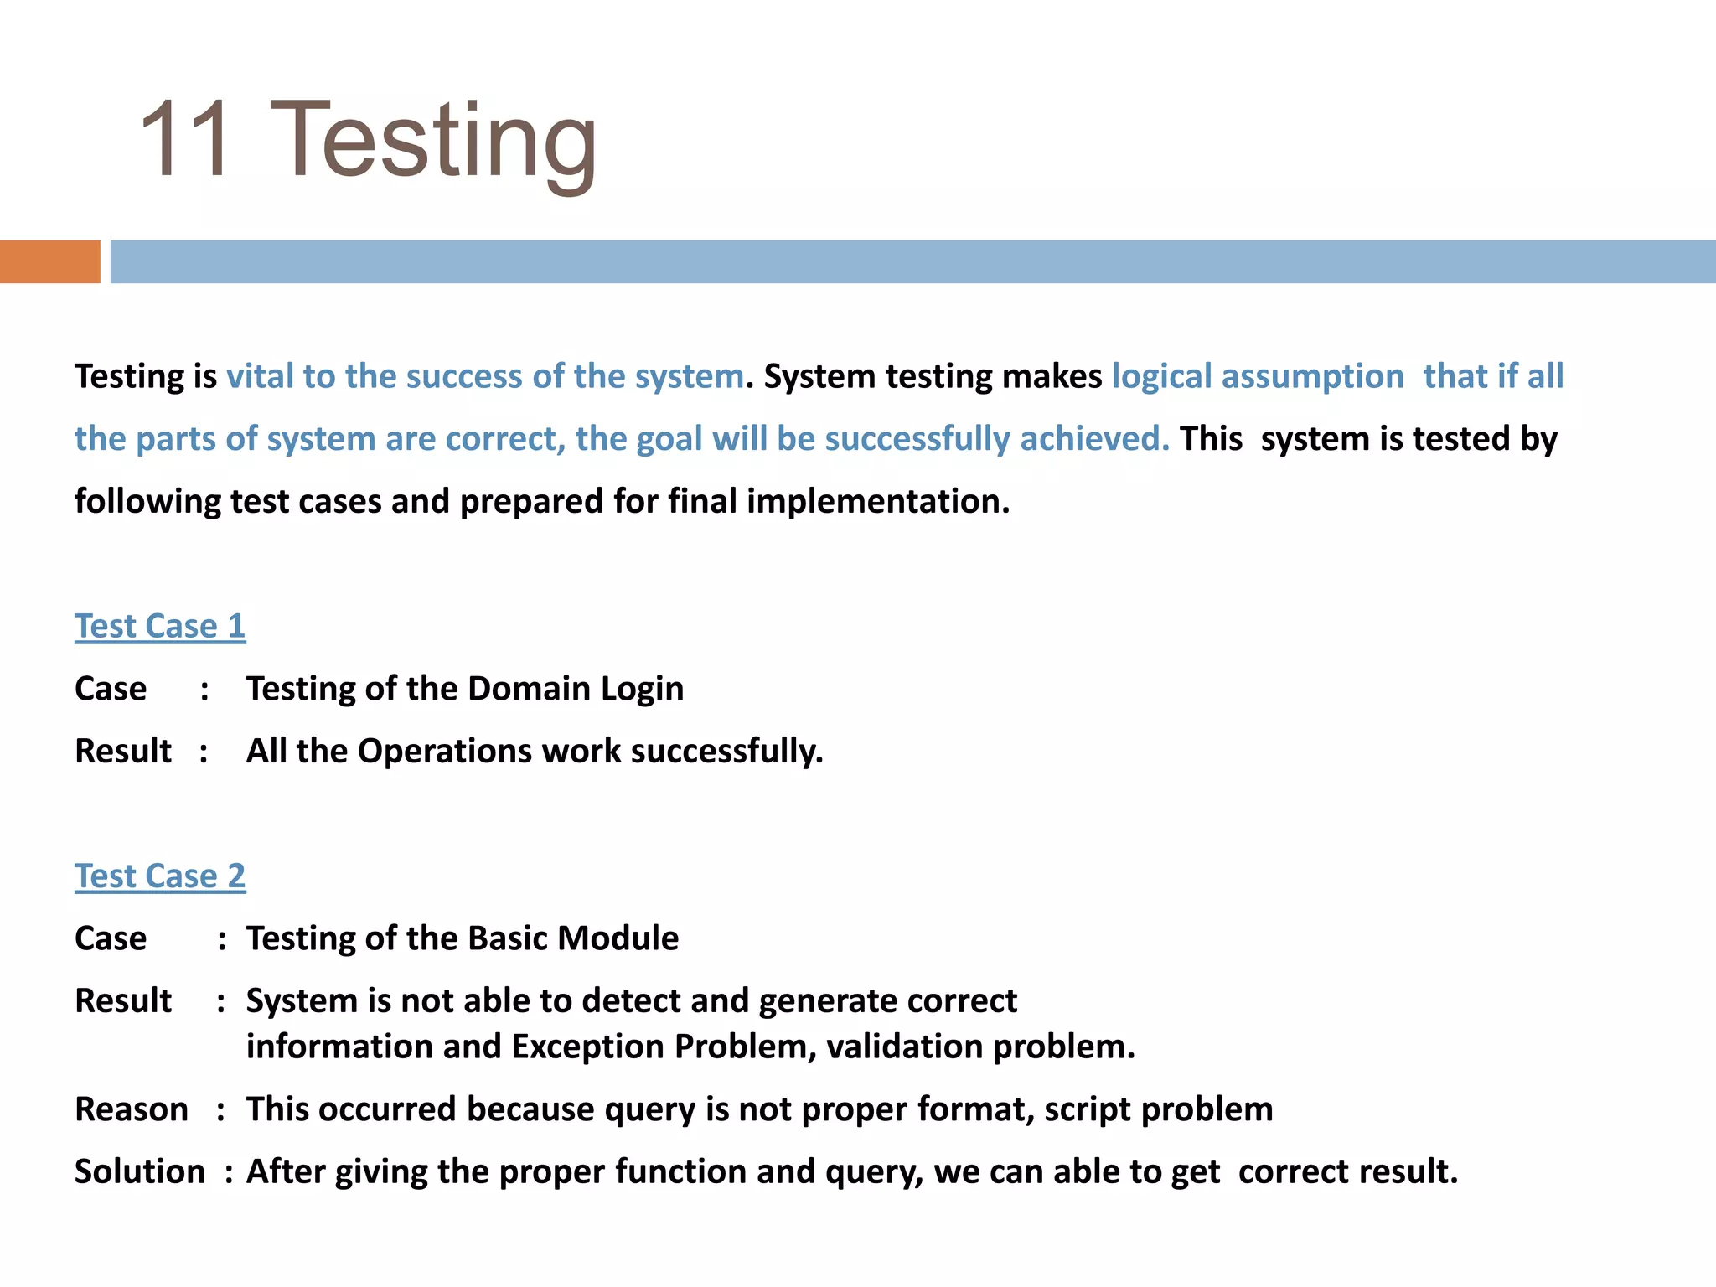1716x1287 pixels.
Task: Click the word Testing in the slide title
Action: point(432,142)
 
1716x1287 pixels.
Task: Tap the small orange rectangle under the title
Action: point(49,261)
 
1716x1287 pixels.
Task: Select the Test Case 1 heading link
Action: point(160,627)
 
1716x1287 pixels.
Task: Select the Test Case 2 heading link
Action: point(160,876)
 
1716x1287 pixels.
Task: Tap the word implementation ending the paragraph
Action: point(876,501)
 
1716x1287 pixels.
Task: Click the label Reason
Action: point(132,1109)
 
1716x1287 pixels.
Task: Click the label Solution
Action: point(140,1171)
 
